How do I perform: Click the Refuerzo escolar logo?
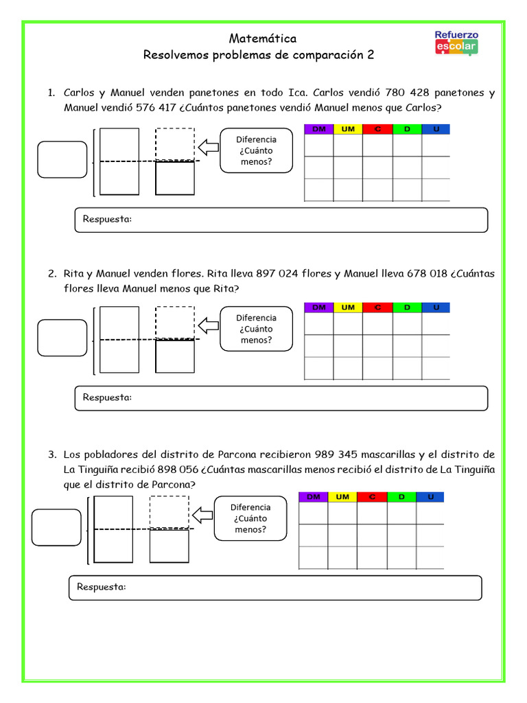(456, 43)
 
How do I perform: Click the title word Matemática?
(263, 38)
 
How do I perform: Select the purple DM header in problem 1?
(318, 129)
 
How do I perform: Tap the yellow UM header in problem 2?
(348, 308)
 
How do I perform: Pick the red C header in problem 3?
(372, 496)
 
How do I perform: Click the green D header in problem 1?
(407, 129)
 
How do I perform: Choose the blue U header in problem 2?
(436, 308)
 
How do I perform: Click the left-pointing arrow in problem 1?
(207, 147)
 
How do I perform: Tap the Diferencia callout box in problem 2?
(256, 329)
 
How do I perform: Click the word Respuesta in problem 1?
(107, 219)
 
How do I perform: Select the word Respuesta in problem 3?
(102, 587)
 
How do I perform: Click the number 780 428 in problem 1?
(408, 93)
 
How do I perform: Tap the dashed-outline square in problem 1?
(175, 143)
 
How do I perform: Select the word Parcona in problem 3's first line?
(236, 454)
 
